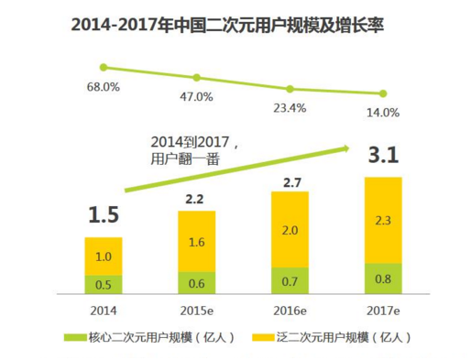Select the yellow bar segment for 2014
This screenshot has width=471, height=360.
click(x=104, y=256)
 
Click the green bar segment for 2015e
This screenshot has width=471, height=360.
click(x=197, y=282)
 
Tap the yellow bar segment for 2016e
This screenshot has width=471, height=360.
click(x=290, y=231)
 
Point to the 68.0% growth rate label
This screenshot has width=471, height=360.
click(x=104, y=86)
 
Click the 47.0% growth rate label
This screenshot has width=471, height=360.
click(x=197, y=96)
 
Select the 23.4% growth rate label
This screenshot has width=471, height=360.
click(x=290, y=106)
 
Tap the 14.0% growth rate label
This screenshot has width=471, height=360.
click(x=383, y=113)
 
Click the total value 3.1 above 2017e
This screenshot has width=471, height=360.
click(x=383, y=158)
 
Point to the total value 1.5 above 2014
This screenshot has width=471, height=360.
click(x=104, y=216)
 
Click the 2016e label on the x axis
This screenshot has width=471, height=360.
click(x=290, y=309)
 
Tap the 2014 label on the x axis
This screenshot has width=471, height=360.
click(x=104, y=309)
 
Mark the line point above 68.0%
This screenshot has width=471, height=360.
click(x=104, y=67)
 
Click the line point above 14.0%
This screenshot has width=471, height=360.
click(x=383, y=93)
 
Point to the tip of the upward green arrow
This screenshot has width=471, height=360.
click(x=350, y=146)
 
